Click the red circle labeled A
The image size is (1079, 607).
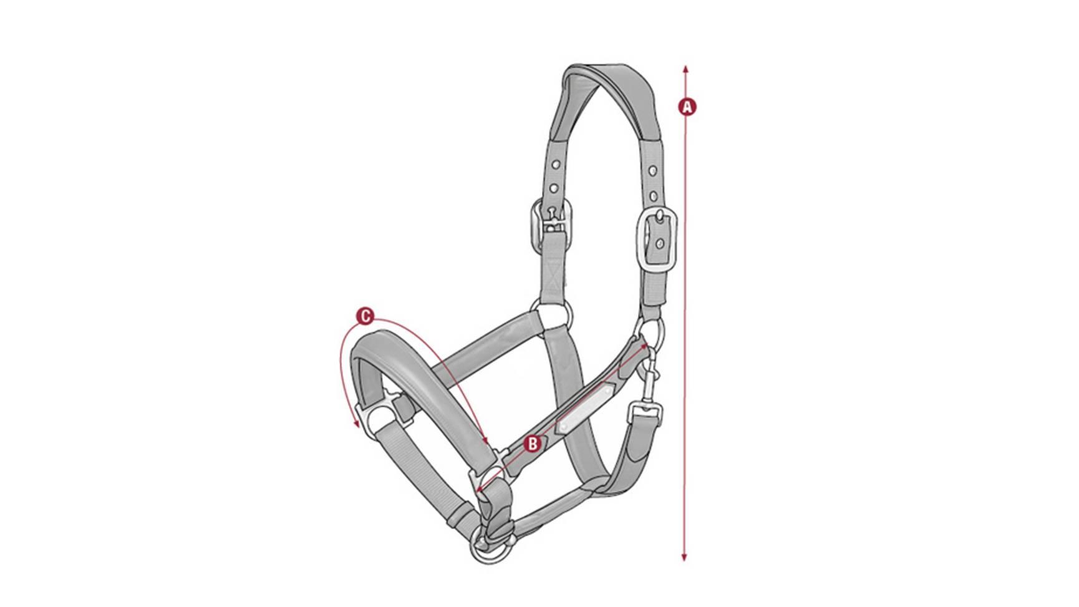tap(687, 107)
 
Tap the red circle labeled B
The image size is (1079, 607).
tap(532, 444)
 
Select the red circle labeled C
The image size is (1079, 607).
tap(365, 316)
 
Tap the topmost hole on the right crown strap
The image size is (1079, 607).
tap(651, 170)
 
